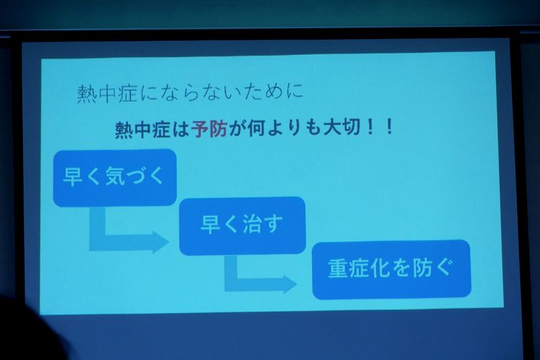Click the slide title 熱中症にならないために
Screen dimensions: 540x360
coord(190,93)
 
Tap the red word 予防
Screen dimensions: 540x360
coord(209,129)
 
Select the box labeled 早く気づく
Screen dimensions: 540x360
coord(115,178)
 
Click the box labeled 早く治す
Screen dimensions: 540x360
coord(242,226)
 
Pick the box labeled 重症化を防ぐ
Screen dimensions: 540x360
coord(391,269)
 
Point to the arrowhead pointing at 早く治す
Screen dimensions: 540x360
coord(161,242)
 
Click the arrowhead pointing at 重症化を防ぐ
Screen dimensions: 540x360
coord(290,284)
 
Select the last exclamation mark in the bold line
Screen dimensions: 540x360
coord(389,128)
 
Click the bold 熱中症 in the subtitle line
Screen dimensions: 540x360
coord(142,130)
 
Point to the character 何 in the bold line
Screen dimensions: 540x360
coord(256,128)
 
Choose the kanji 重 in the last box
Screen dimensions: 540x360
coord(337,269)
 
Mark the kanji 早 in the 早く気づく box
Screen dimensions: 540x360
coord(73,176)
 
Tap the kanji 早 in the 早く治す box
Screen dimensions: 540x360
coord(210,224)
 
